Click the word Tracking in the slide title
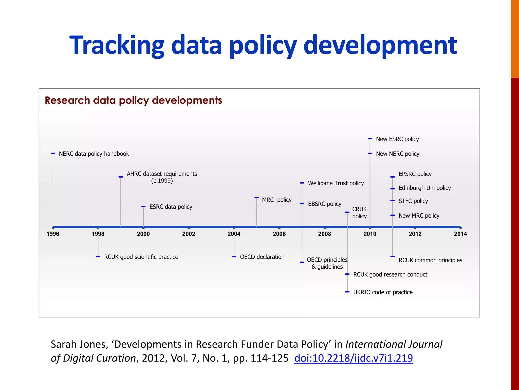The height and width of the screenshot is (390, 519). click(117, 45)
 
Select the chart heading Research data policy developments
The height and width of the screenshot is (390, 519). click(133, 100)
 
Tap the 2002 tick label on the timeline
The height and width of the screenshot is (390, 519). click(189, 234)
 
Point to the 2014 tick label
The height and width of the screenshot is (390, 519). click(460, 234)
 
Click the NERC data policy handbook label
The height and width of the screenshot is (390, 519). click(94, 154)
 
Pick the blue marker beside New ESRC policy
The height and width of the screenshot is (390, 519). click(370, 139)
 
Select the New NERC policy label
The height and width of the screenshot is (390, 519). click(397, 154)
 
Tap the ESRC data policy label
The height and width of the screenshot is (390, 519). click(171, 207)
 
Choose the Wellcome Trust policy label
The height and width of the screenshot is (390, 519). click(336, 183)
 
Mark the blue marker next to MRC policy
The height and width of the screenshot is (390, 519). click(256, 198)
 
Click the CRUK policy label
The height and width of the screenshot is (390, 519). click(359, 213)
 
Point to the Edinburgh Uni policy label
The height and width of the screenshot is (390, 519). click(424, 188)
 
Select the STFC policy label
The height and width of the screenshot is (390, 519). click(413, 201)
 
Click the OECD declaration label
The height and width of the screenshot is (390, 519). click(262, 257)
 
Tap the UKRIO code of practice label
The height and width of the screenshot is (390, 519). click(383, 292)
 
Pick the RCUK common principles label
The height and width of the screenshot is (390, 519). click(430, 260)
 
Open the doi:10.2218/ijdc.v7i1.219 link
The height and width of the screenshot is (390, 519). click(354, 358)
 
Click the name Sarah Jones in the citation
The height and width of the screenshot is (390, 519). click(79, 344)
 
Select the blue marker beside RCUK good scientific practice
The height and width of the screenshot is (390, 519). click(98, 257)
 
